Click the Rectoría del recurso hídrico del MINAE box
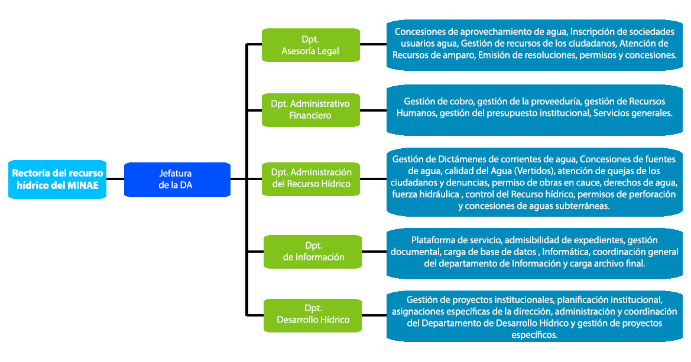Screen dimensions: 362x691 tap(57, 179)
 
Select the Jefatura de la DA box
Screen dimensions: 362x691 tap(176, 179)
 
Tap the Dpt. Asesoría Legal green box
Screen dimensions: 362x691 tap(310, 45)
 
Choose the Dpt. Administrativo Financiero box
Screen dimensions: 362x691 tap(310, 109)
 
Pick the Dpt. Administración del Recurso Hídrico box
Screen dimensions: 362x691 tap(310, 178)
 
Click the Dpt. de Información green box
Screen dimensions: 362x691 tap(313, 251)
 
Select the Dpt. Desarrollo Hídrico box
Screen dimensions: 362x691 tap(313, 314)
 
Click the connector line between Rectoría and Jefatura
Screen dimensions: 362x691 tap(115, 179)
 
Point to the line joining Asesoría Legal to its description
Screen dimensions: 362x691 tap(374, 44)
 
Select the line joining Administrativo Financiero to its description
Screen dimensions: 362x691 tap(374, 110)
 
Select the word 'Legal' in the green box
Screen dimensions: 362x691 tap(327, 51)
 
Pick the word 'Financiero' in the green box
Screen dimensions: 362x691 tap(310, 115)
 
